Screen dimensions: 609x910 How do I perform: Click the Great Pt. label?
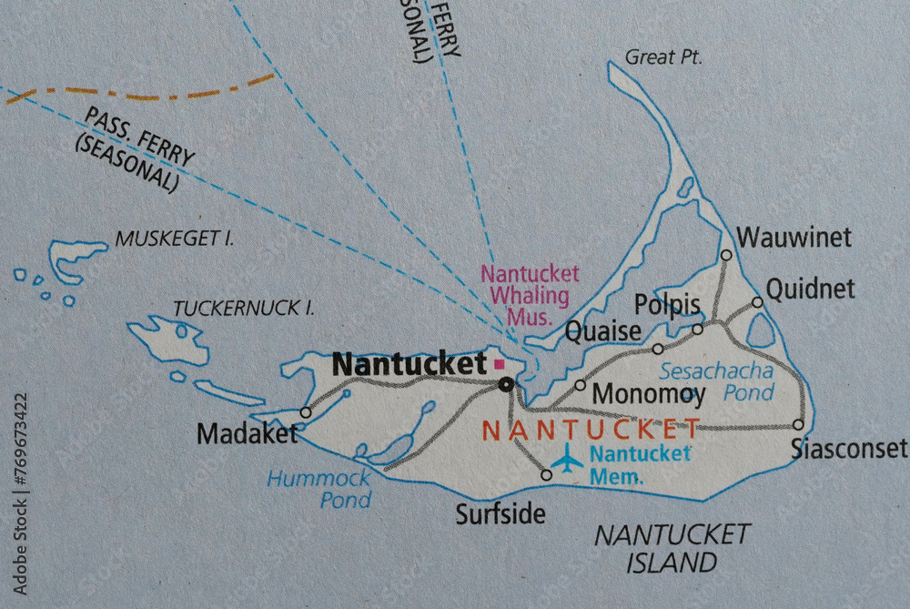click(x=663, y=57)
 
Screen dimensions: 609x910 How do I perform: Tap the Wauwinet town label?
click(x=794, y=238)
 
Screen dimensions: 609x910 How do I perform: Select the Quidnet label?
click(x=810, y=289)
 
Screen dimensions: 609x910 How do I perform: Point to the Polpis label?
click(x=667, y=304)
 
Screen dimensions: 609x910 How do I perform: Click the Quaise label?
click(x=603, y=331)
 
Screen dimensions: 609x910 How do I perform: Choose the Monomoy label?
click(x=648, y=394)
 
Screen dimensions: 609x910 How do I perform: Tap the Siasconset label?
click(x=848, y=448)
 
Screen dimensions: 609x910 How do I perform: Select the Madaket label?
click(x=248, y=434)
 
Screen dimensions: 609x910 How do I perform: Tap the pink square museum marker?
click(x=499, y=364)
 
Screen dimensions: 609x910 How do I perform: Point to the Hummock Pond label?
click(x=319, y=488)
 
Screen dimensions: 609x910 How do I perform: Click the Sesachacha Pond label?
click(x=717, y=381)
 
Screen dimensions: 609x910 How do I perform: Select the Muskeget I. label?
click(x=175, y=239)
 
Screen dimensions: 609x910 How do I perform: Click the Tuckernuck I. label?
click(x=244, y=308)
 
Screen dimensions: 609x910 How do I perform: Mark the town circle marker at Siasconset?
click(x=798, y=424)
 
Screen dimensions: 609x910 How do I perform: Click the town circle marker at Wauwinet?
click(x=726, y=255)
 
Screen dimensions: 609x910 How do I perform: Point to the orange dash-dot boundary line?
click(x=146, y=92)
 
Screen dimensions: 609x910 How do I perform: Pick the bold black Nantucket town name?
click(x=409, y=364)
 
